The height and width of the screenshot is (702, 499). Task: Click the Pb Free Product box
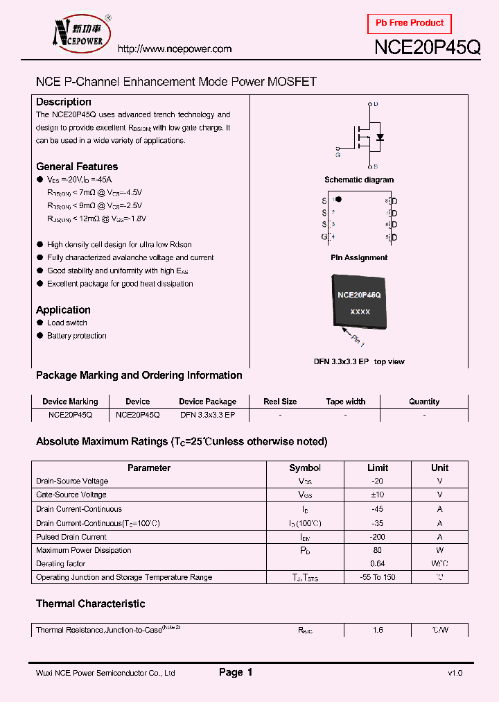409,24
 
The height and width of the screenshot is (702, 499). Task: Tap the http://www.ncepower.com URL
174,49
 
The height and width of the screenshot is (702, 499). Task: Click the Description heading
64,102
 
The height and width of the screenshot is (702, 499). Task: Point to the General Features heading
77,166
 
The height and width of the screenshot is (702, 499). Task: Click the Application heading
63,310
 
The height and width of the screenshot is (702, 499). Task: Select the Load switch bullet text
67,323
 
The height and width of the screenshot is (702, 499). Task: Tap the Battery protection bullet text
77,336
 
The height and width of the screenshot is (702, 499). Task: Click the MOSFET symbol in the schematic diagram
365,136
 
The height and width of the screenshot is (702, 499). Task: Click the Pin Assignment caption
359,257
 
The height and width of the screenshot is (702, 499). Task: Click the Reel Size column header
280,402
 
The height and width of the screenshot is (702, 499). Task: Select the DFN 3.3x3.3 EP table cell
207,414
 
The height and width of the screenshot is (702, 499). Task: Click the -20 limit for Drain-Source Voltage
377,481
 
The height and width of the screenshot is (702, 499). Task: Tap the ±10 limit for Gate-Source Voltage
377,495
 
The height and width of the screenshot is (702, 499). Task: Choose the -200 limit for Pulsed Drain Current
377,537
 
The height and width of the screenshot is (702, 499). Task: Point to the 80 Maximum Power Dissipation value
377,550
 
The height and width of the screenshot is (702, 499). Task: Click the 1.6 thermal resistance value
377,630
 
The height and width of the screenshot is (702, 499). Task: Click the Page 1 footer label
236,672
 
